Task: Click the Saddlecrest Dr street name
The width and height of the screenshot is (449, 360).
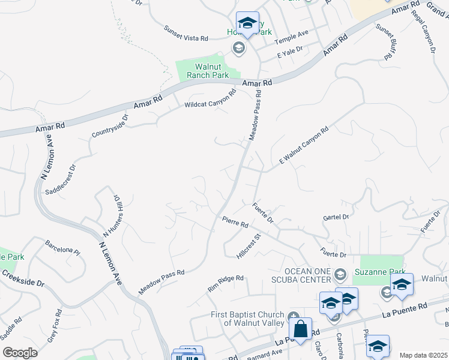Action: click(61, 179)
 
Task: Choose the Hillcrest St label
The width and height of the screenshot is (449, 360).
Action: click(249, 247)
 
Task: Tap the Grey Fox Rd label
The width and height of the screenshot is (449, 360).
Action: click(55, 325)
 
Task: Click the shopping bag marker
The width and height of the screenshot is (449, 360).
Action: click(300, 329)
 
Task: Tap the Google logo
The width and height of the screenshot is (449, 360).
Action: click(20, 353)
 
